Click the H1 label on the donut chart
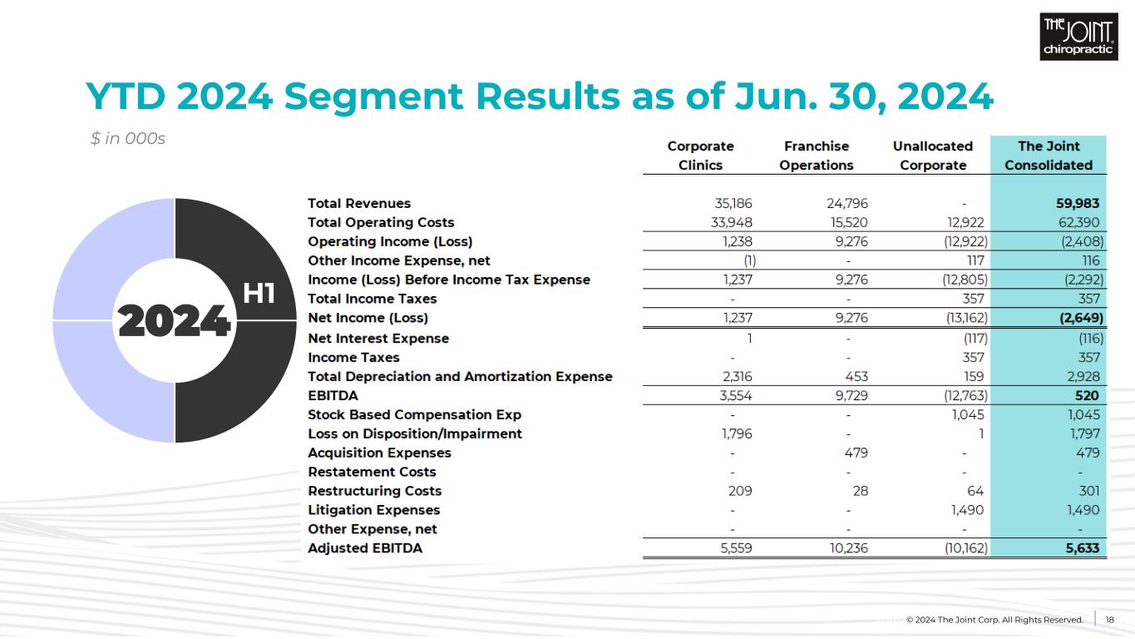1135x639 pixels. (259, 294)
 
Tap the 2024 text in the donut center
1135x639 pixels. (174, 320)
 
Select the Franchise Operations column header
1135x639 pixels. (816, 156)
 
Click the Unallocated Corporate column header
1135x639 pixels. (932, 156)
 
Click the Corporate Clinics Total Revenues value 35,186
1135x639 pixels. (728, 203)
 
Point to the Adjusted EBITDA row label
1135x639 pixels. (364, 548)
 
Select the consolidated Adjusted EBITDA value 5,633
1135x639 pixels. (1082, 548)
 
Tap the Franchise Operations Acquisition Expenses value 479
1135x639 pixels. (856, 453)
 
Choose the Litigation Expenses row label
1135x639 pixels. (373, 510)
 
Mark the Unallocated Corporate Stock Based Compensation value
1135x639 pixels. (968, 414)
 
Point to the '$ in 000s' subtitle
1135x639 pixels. (128, 139)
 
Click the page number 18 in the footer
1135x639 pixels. (1109, 619)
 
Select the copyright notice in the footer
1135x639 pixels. (994, 620)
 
